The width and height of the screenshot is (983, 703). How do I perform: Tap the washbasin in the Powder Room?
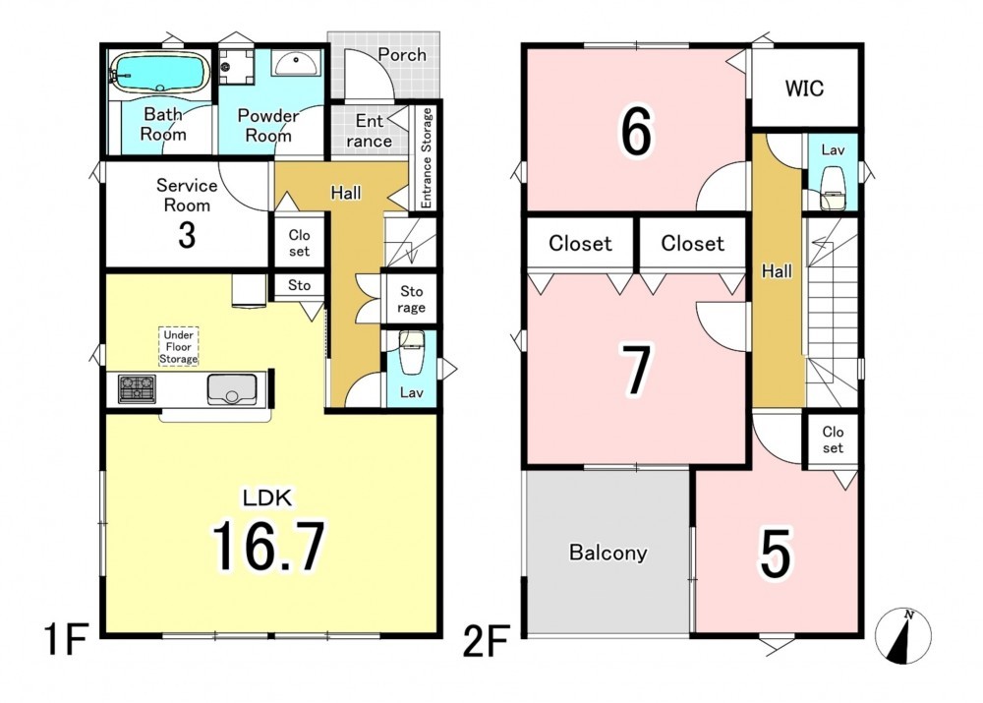[295, 63]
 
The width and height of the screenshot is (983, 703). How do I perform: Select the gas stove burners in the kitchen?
[137, 388]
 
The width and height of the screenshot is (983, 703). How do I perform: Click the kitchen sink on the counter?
[232, 388]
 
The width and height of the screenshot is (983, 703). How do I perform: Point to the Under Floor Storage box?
[179, 346]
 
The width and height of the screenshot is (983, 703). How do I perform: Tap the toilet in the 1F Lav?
[412, 353]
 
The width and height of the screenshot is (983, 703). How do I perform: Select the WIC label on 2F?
[804, 88]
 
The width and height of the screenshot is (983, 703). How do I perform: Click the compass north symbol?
[902, 635]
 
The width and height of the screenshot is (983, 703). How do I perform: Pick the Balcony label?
[607, 553]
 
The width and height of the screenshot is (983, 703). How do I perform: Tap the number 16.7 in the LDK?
[269, 546]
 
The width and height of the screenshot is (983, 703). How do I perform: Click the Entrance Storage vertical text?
[427, 157]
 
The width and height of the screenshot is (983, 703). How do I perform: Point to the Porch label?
[402, 55]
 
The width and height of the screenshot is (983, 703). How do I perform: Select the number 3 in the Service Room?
[187, 235]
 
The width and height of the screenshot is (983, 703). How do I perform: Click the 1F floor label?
[66, 638]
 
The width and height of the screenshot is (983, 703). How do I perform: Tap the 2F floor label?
[486, 641]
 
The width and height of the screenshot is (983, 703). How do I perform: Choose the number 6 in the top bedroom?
[636, 131]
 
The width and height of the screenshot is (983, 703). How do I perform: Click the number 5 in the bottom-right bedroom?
[776, 554]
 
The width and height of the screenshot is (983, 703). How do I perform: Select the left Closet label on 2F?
[580, 243]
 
